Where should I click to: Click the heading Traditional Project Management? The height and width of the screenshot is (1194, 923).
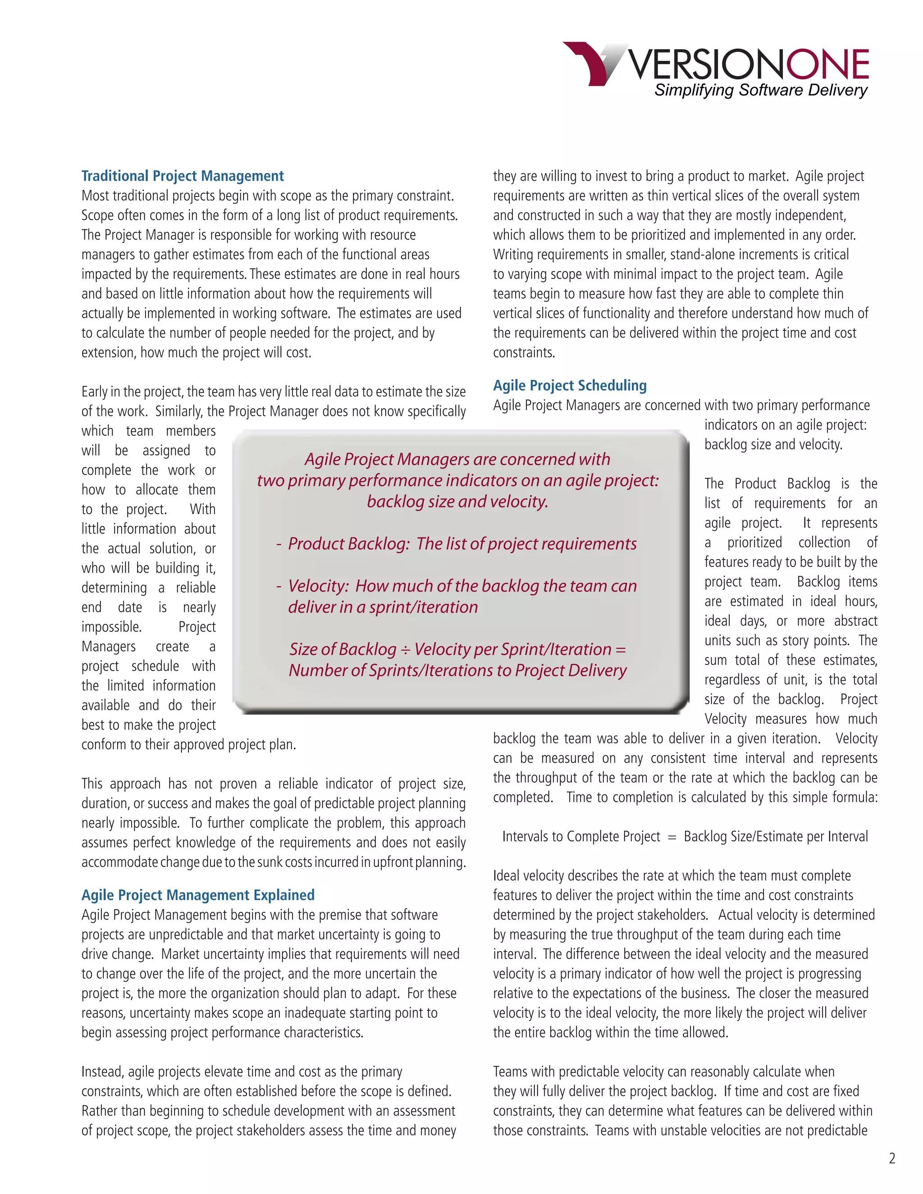182,176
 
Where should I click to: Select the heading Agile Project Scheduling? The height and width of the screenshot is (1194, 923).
569,385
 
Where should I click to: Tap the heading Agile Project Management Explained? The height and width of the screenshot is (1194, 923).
198,895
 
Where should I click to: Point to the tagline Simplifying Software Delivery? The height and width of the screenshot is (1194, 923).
761,90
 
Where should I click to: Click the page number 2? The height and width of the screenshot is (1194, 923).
892,1158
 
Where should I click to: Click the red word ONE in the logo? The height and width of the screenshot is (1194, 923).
827,64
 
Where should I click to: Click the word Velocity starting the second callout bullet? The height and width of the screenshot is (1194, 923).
318,586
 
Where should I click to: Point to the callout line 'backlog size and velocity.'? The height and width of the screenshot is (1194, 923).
457,501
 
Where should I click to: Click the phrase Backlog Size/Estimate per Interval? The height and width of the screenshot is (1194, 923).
775,836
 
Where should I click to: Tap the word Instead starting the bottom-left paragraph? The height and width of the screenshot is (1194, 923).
102,1071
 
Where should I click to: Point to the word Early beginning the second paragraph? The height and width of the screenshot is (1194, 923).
95,392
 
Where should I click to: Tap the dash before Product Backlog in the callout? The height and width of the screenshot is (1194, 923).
279,544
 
